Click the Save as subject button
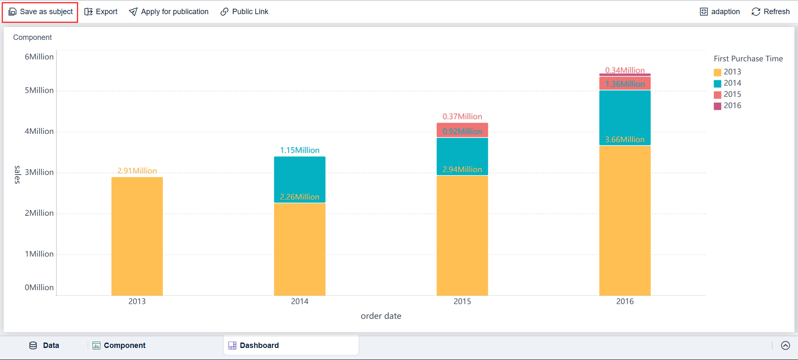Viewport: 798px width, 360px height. point(40,12)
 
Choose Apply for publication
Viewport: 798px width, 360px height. point(169,12)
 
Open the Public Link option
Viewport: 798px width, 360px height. point(244,12)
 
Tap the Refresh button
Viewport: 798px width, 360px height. point(771,12)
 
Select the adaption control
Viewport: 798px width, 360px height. point(720,12)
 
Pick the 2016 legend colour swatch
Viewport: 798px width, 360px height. point(717,106)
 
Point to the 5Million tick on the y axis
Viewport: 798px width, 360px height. point(39,90)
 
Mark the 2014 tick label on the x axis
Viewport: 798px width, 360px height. point(300,301)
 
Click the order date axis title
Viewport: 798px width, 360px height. point(381,316)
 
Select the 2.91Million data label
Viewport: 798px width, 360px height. point(137,170)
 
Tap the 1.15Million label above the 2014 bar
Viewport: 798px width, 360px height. point(300,150)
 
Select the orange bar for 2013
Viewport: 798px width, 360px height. point(137,237)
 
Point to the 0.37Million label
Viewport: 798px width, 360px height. point(462,116)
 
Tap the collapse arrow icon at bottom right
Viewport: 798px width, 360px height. point(785,345)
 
